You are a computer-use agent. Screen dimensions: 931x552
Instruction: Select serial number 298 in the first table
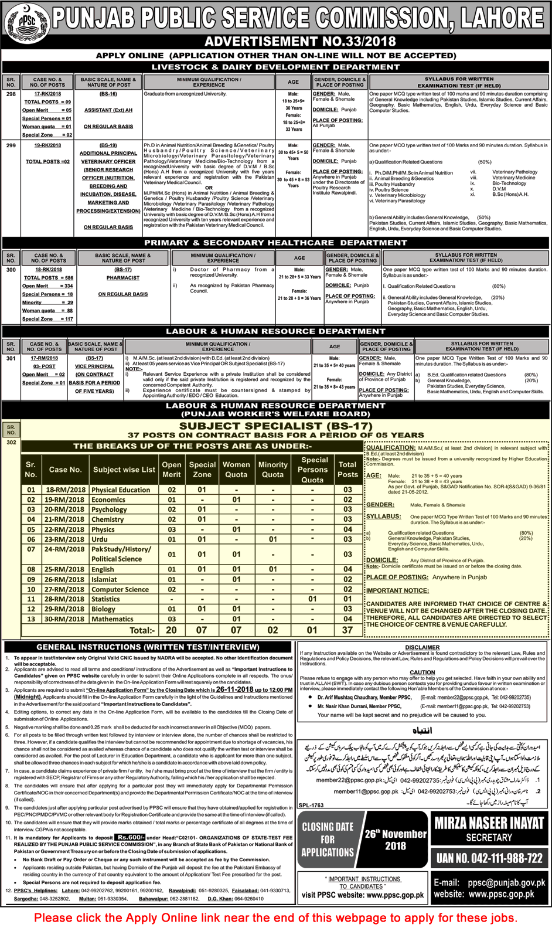tap(11, 94)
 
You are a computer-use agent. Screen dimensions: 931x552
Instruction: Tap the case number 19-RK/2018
tap(47, 145)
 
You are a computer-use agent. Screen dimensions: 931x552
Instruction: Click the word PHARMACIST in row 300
tap(123, 278)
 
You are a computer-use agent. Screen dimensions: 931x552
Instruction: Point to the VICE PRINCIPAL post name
tap(94, 366)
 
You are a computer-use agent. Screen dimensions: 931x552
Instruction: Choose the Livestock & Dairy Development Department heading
tap(275, 67)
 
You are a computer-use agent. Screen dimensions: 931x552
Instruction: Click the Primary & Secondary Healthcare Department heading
tap(275, 243)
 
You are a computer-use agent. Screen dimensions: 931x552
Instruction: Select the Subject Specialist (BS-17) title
tap(275, 426)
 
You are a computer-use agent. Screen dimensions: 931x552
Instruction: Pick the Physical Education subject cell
tap(121, 490)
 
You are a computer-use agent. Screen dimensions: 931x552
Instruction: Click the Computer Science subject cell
tap(120, 589)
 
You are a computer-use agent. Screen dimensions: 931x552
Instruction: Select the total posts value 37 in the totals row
tap(347, 630)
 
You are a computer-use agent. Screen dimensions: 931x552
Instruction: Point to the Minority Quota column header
tap(273, 469)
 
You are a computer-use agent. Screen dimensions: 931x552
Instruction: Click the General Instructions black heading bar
tap(148, 647)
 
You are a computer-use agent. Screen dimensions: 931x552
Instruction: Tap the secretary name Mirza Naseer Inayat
tap(489, 823)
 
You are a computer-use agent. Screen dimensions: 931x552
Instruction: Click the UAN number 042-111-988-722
tap(489, 858)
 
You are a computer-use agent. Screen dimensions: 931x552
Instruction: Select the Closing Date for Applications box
tap(328, 840)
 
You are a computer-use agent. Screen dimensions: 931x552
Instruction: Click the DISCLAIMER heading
tap(422, 647)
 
